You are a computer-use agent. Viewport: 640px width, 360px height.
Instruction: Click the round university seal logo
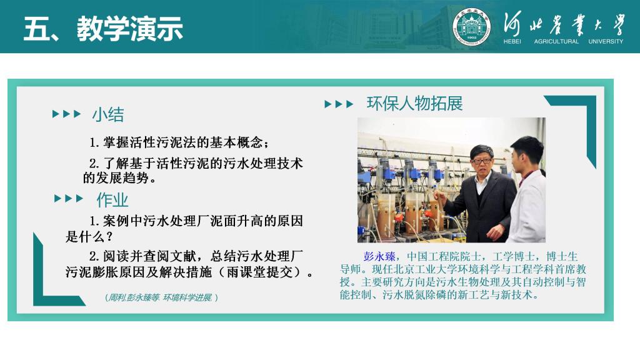[x=471, y=26]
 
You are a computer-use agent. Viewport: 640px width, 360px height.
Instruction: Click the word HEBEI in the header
[x=512, y=41]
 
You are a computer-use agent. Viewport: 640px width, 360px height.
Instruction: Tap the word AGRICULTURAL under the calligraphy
[x=556, y=41]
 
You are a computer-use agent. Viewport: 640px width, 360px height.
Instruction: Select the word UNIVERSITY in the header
[x=606, y=41]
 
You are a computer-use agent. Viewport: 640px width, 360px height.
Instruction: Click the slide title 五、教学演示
[x=103, y=29]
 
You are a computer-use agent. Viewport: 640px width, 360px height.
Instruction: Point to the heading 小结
[x=108, y=114]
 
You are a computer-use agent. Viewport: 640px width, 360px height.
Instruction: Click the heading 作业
[x=112, y=200]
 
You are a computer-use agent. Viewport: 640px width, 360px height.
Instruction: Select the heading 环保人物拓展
[x=415, y=104]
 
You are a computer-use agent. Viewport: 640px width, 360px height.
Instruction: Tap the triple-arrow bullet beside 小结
[x=67, y=114]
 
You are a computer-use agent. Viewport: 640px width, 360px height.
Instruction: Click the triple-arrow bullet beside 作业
[x=69, y=199]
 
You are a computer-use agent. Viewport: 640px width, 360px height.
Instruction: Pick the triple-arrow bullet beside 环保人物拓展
[x=339, y=104]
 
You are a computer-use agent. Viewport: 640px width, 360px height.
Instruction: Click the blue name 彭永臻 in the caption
[x=379, y=256]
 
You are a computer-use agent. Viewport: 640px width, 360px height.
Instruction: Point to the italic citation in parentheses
[x=162, y=297]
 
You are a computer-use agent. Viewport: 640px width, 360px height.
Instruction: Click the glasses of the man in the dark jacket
[x=481, y=161]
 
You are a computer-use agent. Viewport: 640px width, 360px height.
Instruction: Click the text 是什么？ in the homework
[x=89, y=237]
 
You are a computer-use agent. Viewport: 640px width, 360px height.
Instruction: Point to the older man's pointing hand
[x=440, y=196]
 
